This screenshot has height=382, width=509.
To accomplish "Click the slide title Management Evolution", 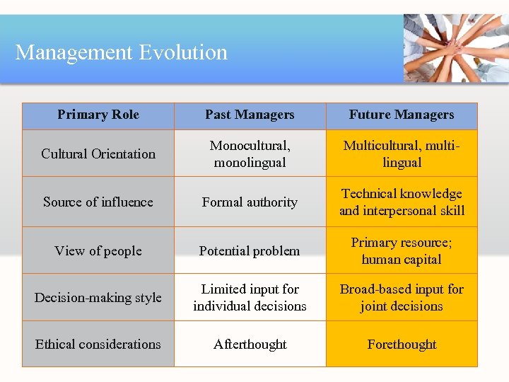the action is pyautogui.click(x=122, y=52).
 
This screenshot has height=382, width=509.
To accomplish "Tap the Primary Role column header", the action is pyautogui.click(x=98, y=115).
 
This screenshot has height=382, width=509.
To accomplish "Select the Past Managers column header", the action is pyautogui.click(x=250, y=115).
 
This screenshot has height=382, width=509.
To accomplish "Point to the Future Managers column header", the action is pyautogui.click(x=402, y=115).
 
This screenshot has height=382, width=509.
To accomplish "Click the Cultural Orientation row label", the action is pyautogui.click(x=98, y=154).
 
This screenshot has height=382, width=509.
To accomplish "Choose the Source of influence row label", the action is pyautogui.click(x=98, y=202).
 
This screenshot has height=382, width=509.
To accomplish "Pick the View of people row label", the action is pyautogui.click(x=98, y=251).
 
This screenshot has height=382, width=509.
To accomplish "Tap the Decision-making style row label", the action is pyautogui.click(x=98, y=298).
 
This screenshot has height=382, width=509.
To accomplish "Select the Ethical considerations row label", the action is pyautogui.click(x=98, y=345).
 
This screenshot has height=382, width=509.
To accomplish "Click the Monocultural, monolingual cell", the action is pyautogui.click(x=250, y=154).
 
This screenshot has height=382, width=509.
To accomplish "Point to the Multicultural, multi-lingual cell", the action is pyautogui.click(x=402, y=154).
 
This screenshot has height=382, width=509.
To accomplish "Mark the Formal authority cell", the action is pyautogui.click(x=250, y=202).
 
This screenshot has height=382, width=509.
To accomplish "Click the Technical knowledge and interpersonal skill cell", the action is pyautogui.click(x=402, y=202).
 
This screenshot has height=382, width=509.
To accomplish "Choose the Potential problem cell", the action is pyautogui.click(x=250, y=251).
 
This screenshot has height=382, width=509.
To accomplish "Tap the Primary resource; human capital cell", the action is pyautogui.click(x=402, y=250).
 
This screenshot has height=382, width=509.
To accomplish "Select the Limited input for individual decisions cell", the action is pyautogui.click(x=250, y=297).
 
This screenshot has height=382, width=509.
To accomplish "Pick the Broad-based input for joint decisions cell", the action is pyautogui.click(x=402, y=297).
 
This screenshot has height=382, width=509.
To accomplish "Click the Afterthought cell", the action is pyautogui.click(x=250, y=345).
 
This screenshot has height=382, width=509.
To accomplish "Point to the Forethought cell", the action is pyautogui.click(x=402, y=345).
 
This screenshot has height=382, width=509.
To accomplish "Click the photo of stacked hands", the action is pyautogui.click(x=455, y=48).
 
